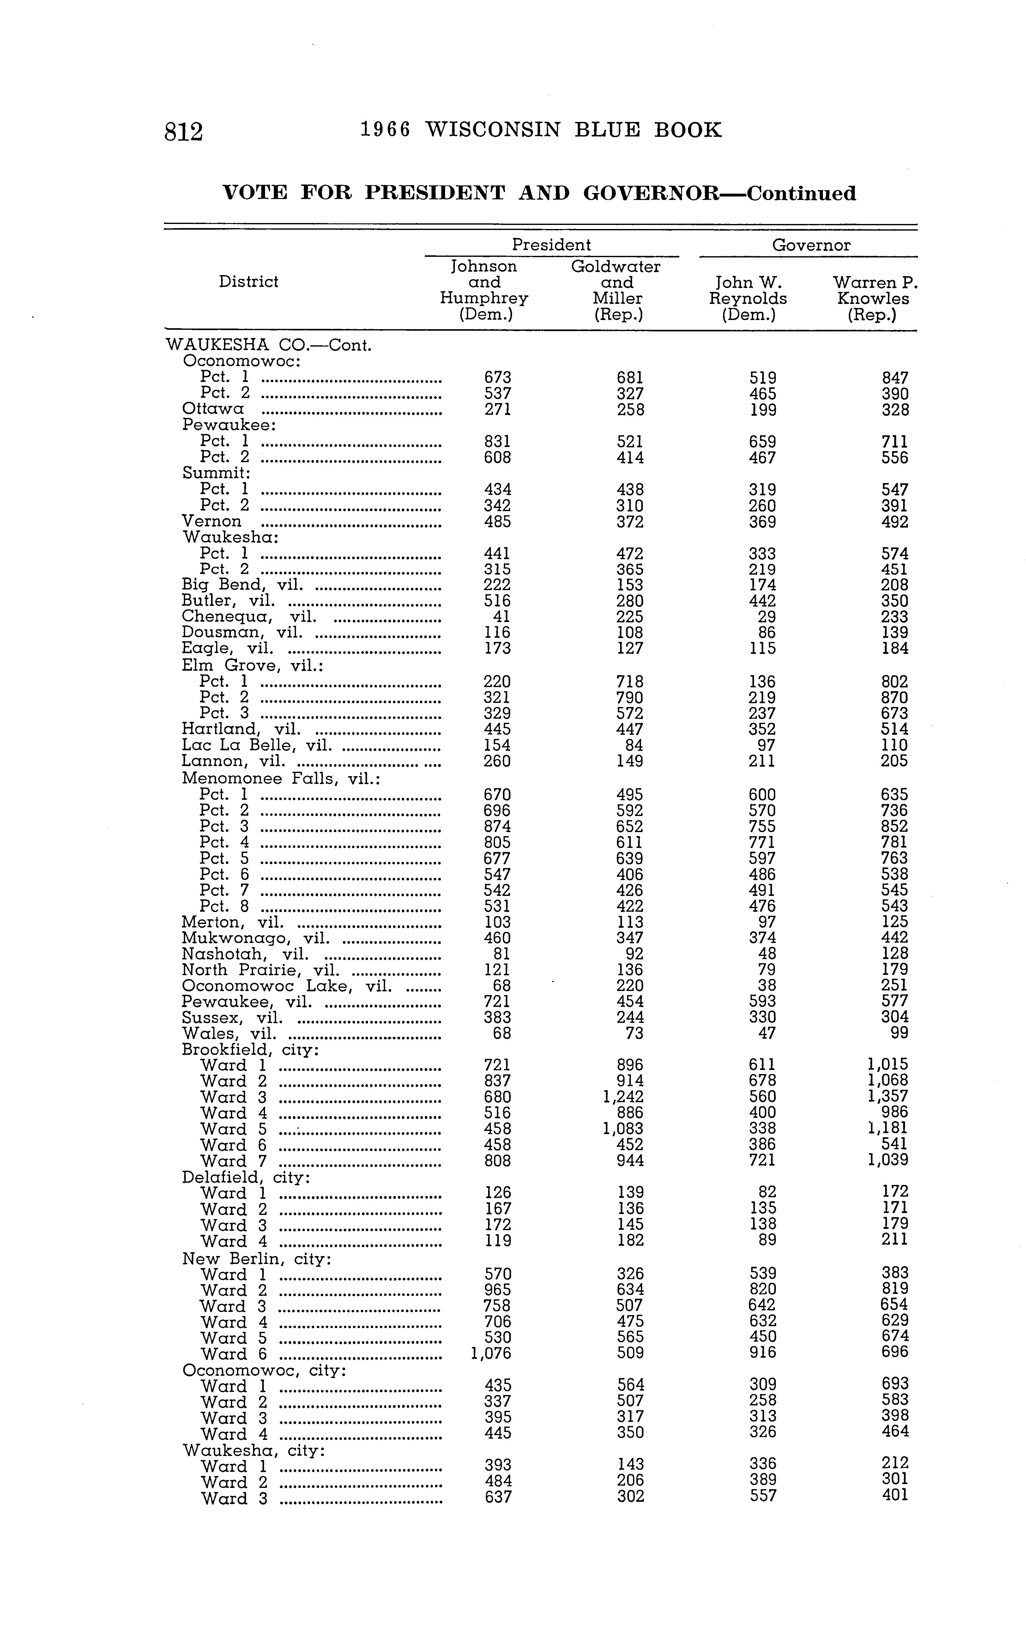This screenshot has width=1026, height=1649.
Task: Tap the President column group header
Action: pyautogui.click(x=551, y=245)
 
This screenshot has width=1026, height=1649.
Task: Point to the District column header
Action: pyautogui.click(x=248, y=281)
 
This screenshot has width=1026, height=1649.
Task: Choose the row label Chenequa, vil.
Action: pyautogui.click(x=248, y=617)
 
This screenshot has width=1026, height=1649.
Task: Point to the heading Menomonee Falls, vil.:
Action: pyautogui.click(x=281, y=778)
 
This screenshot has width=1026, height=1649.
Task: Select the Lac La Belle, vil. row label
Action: pyautogui.click(x=256, y=745)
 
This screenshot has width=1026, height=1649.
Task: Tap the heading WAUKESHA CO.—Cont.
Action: pyautogui.click(x=269, y=345)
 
